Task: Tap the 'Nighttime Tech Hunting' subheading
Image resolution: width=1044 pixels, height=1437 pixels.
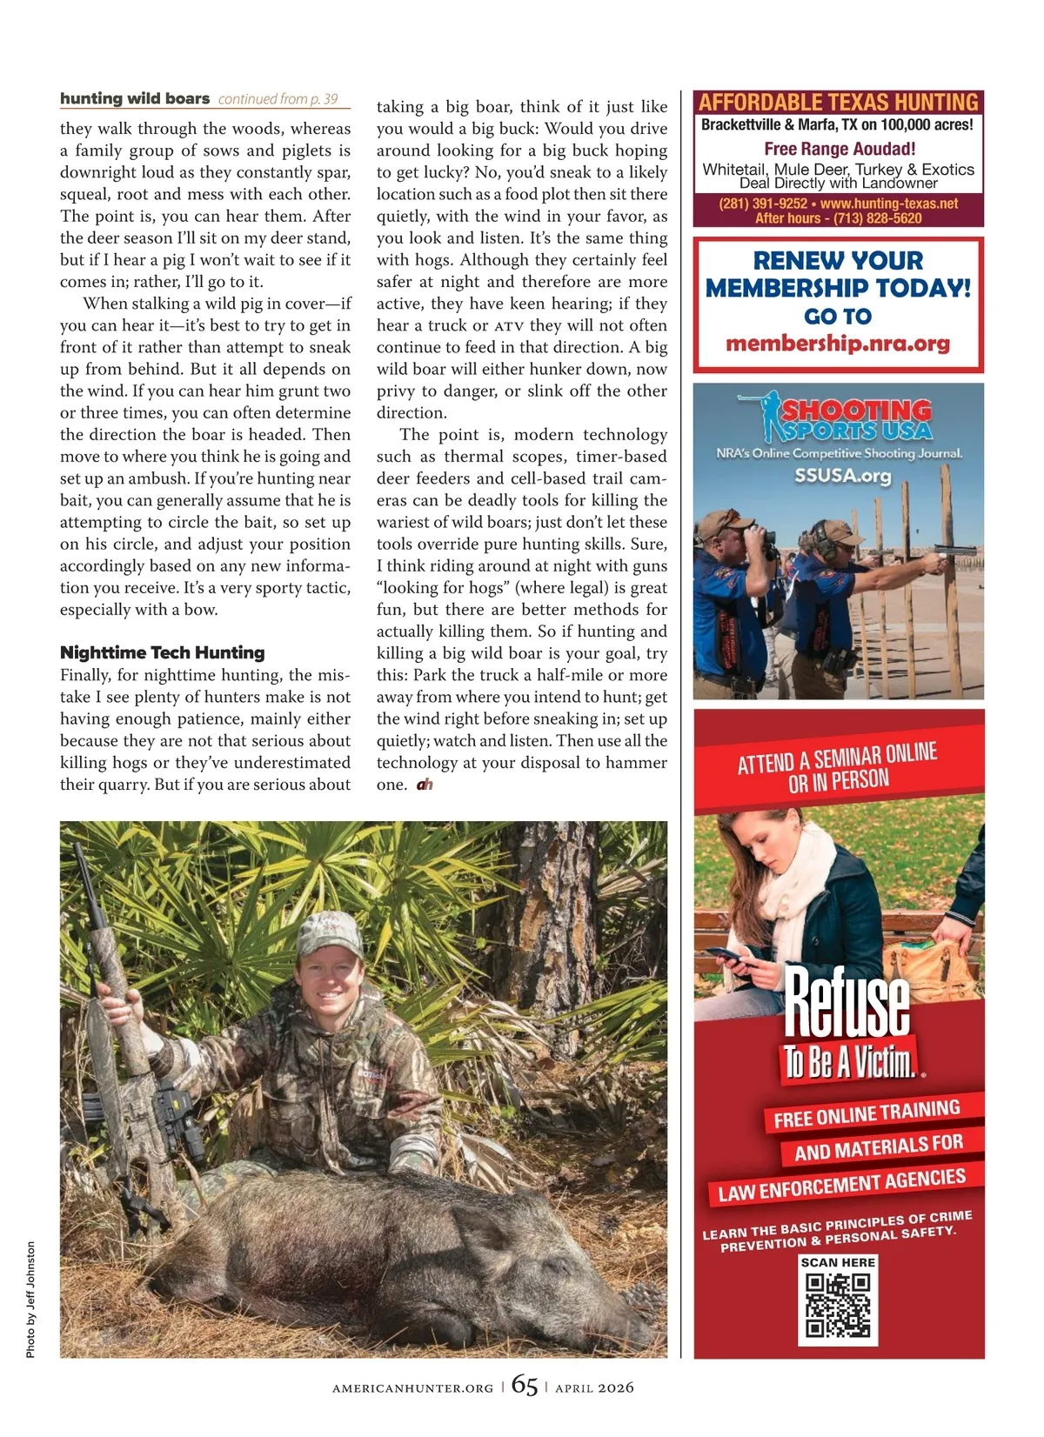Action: (162, 652)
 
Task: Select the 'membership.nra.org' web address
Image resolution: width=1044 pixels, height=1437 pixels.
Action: (838, 344)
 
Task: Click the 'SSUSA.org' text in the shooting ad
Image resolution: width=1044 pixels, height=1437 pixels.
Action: (842, 476)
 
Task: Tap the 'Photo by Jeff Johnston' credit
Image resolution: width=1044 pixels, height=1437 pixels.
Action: (31, 1300)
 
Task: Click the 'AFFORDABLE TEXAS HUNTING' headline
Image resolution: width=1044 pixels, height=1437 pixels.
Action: (838, 102)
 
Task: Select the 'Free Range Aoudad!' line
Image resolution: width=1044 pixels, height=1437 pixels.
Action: (840, 149)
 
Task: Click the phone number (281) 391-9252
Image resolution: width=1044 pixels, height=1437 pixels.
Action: (762, 204)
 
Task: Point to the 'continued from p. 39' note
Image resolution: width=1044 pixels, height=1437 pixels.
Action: (278, 99)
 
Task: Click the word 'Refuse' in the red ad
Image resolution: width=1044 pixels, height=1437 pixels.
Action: (847, 1004)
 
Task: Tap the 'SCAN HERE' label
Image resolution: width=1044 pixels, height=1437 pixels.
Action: (838, 1262)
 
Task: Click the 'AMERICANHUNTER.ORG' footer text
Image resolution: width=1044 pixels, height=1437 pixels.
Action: (412, 1388)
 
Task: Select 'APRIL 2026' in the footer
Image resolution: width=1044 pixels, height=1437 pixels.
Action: (594, 1388)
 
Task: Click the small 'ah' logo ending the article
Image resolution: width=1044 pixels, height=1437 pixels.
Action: (425, 785)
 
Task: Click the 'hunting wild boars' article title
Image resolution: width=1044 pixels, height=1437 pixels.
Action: (135, 98)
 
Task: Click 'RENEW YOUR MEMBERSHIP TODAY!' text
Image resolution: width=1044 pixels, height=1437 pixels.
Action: (838, 274)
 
